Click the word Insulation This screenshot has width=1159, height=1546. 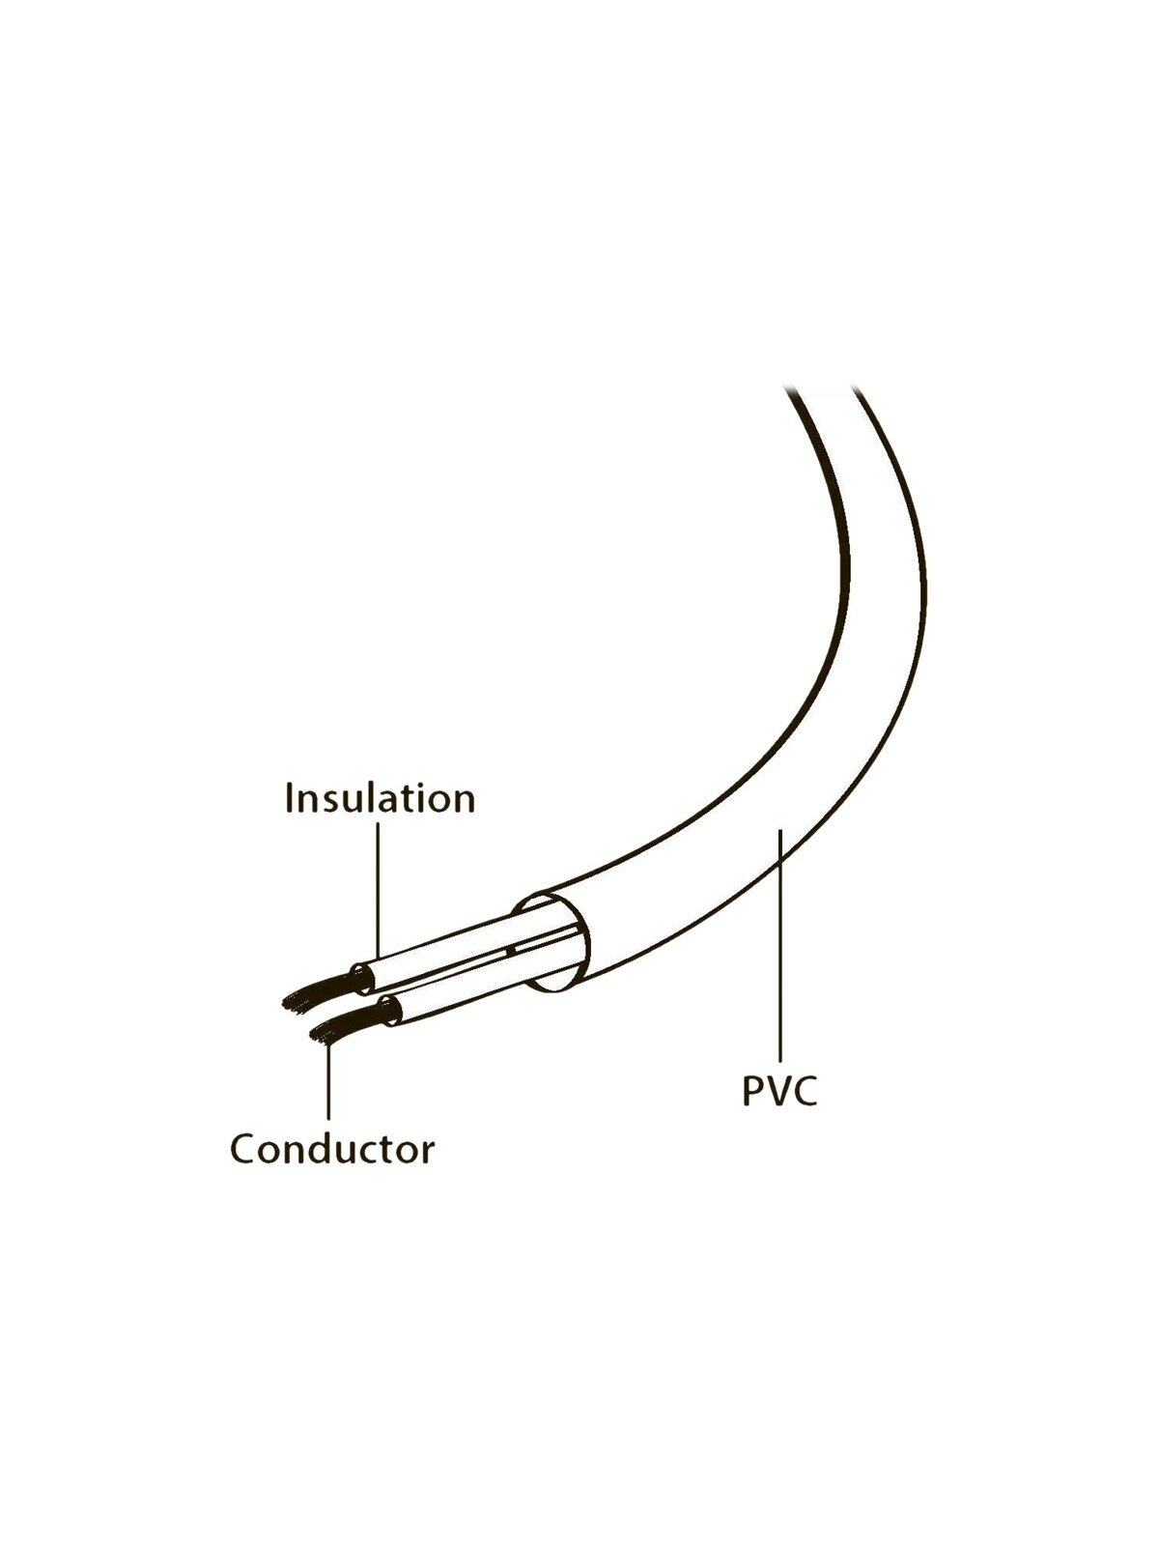[x=380, y=798]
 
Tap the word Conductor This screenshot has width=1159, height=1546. [x=332, y=1150]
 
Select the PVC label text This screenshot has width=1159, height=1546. [x=779, y=1110]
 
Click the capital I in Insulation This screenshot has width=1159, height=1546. [x=289, y=798]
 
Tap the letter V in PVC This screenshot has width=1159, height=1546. [x=777, y=1110]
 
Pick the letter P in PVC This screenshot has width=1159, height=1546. [x=752, y=1110]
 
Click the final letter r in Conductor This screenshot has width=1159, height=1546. [x=427, y=1155]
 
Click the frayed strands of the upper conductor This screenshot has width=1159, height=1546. [x=317, y=991]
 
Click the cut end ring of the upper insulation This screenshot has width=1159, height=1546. [x=361, y=979]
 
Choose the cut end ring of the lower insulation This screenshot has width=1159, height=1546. [x=389, y=1010]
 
